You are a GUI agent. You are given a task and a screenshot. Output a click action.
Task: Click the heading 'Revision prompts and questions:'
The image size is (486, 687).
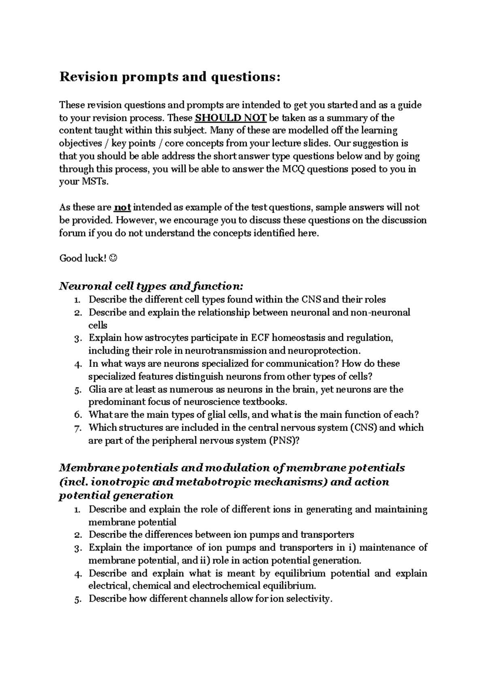click(170, 77)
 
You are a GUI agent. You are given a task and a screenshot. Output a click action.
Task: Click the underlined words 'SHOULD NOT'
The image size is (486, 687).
click(230, 118)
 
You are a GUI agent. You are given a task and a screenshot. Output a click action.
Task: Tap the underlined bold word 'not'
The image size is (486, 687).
click(122, 208)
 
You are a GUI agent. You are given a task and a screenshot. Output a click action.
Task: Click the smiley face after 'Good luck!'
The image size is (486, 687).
click(113, 258)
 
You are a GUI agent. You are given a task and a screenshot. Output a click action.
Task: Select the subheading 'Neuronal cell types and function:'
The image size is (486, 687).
click(151, 286)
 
